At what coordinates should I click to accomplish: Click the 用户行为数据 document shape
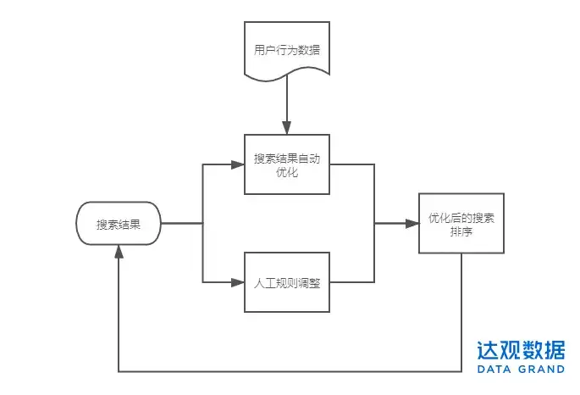coord(287,50)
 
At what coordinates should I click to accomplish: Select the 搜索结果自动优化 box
coord(287,164)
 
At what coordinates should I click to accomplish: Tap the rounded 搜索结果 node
coord(119,223)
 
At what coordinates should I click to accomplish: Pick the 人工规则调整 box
coord(287,282)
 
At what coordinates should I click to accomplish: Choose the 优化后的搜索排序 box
coord(461,223)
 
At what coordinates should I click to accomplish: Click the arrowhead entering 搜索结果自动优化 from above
coord(287,128)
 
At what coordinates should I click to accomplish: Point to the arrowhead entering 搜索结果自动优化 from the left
coord(237,164)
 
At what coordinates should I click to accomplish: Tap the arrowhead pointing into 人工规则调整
coord(237,282)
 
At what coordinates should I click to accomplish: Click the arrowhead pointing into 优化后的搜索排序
coord(412,223)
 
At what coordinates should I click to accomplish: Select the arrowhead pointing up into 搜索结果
coord(119,252)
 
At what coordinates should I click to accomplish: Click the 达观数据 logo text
coord(521,350)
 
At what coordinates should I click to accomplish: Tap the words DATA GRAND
coord(521,369)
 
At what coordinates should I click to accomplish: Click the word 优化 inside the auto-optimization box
coord(287,172)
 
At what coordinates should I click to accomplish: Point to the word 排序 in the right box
coord(461,231)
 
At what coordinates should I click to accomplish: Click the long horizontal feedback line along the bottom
coord(290,371)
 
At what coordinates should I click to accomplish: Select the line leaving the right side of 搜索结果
coord(182,223)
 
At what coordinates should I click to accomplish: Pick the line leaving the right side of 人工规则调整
coord(351,282)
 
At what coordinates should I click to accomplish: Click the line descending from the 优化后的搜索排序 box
coord(461,312)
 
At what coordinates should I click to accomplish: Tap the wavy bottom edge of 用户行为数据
coord(287,76)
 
